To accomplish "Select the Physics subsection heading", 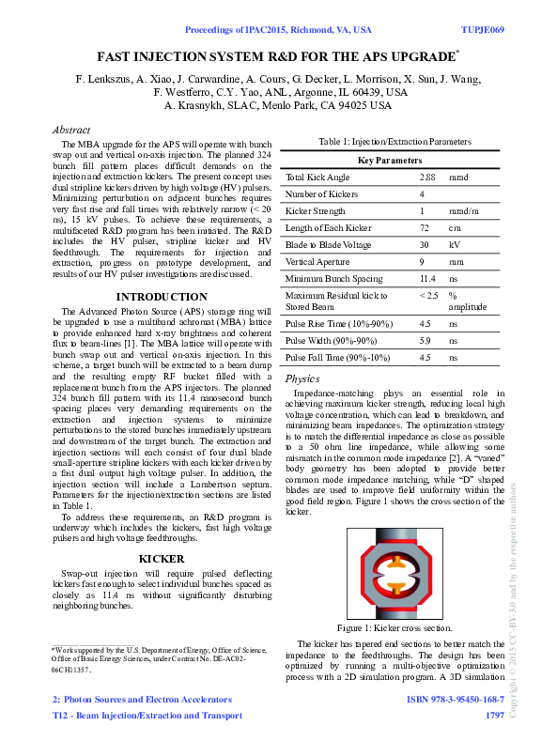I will (x=302, y=378).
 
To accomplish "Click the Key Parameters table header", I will (x=391, y=161).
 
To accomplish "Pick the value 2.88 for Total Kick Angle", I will (x=426, y=177).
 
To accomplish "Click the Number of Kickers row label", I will (x=322, y=193).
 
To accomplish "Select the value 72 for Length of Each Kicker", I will (x=425, y=227).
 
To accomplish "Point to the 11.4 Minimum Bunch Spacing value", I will (x=427, y=278).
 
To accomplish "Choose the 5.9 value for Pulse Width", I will (x=425, y=340).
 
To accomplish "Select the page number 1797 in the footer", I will (x=494, y=716).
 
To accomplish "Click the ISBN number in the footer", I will (x=455, y=700).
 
